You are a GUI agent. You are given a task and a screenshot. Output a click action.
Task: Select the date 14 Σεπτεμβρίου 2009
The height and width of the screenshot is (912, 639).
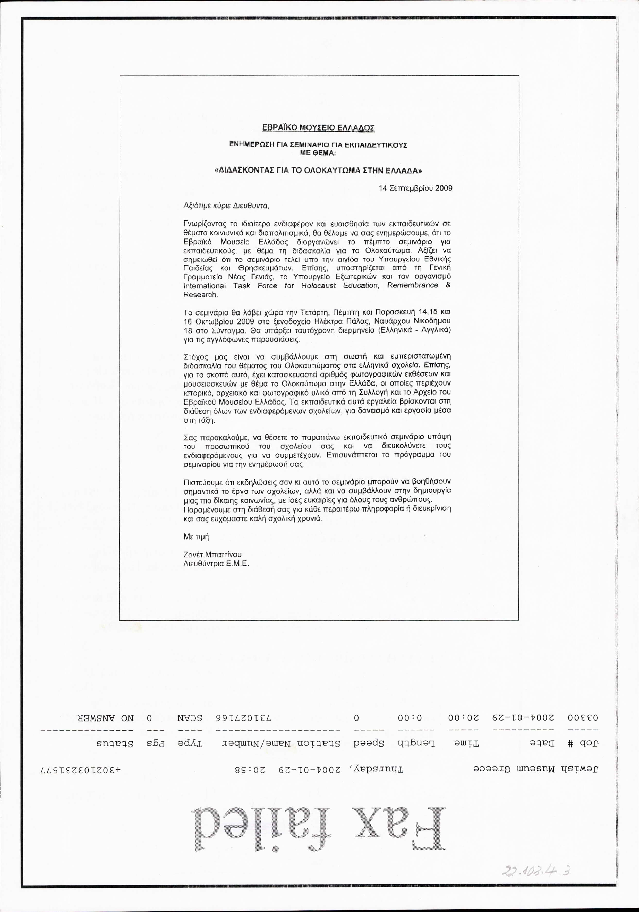(415, 188)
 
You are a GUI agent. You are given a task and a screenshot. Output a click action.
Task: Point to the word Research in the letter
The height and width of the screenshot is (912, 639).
(200, 295)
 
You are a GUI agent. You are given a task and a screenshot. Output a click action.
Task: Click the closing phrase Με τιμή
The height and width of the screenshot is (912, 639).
(196, 537)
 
